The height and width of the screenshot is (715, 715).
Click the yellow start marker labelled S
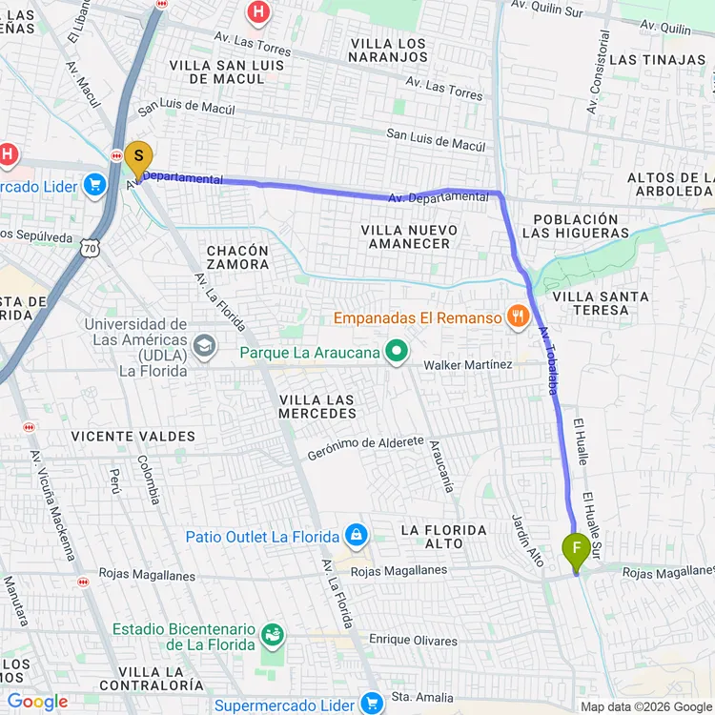click(138, 157)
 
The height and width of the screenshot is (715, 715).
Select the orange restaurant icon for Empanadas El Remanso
click(518, 317)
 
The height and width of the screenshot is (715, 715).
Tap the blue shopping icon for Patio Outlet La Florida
click(356, 536)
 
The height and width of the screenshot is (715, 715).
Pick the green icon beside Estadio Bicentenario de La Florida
click(274, 635)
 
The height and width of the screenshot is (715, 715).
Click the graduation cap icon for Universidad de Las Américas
click(203, 345)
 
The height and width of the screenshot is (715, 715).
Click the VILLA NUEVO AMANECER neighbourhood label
click(410, 237)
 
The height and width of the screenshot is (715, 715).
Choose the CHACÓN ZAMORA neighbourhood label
click(238, 257)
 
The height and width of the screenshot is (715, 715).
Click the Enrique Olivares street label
click(413, 641)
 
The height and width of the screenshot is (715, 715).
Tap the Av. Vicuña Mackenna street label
click(52, 504)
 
